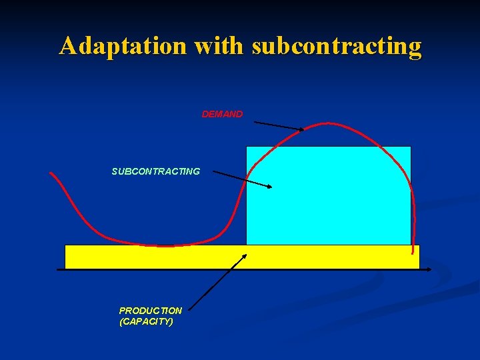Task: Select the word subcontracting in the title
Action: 337,47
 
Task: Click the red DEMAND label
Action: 223,115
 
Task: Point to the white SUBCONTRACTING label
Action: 155,171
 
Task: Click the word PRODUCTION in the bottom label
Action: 150,311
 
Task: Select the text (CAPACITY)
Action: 146,321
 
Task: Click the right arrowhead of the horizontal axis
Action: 429,269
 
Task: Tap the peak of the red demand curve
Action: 327,123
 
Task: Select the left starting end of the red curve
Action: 51,173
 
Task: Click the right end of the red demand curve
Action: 413,253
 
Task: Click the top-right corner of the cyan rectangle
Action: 411,147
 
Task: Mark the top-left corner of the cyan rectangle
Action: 247,147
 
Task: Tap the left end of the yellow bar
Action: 66,257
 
